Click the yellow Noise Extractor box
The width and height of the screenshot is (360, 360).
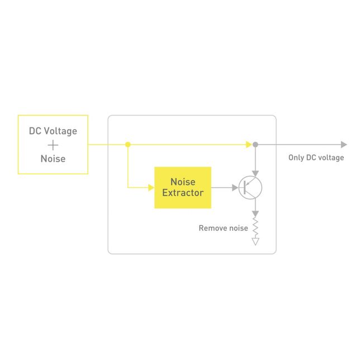point(183,188)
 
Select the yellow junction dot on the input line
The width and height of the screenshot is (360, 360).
point(128,144)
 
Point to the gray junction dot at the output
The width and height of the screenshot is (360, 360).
point(255,144)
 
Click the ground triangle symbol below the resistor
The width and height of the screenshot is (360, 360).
point(255,241)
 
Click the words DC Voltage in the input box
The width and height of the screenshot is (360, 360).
point(53,131)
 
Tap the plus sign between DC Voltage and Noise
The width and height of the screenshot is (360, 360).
point(53,145)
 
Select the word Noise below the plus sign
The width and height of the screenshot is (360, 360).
point(53,159)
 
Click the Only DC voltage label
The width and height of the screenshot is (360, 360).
point(316,158)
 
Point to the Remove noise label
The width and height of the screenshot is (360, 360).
point(223,228)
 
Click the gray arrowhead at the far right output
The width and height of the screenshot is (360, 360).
point(344,144)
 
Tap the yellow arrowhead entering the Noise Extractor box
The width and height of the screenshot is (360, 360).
point(151,188)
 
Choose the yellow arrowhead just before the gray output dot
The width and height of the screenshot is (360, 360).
point(249,144)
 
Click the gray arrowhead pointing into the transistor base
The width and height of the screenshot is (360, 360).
point(235,188)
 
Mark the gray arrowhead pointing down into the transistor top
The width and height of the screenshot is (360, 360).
point(255,173)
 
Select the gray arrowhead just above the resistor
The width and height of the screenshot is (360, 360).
point(255,214)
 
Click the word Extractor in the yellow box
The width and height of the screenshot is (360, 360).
point(183,193)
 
